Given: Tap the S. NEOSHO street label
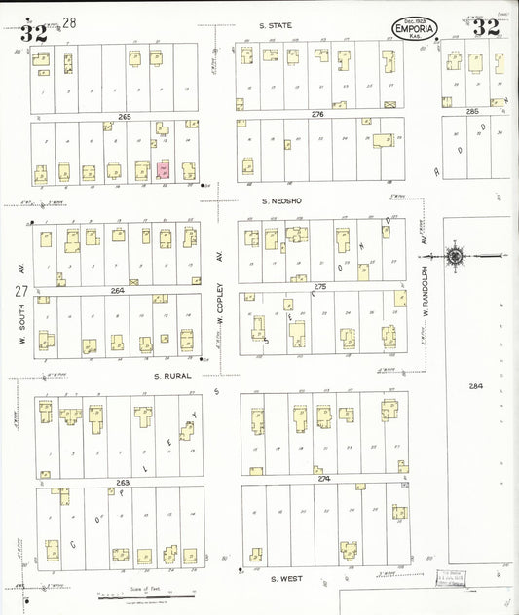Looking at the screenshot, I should click(x=278, y=200).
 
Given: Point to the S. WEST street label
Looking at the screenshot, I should click(x=286, y=579).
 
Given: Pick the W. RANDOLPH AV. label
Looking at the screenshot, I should click(x=426, y=261).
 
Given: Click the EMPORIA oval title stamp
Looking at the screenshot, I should click(x=416, y=27).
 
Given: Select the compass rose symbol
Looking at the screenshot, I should click(x=455, y=257).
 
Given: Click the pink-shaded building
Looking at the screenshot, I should click(x=163, y=169).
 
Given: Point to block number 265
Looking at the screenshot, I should click(x=124, y=117).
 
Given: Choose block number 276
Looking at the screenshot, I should click(x=317, y=115).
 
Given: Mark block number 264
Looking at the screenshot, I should click(x=118, y=290).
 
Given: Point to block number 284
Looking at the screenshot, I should click(x=474, y=386).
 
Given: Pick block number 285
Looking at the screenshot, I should click(x=472, y=112).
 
